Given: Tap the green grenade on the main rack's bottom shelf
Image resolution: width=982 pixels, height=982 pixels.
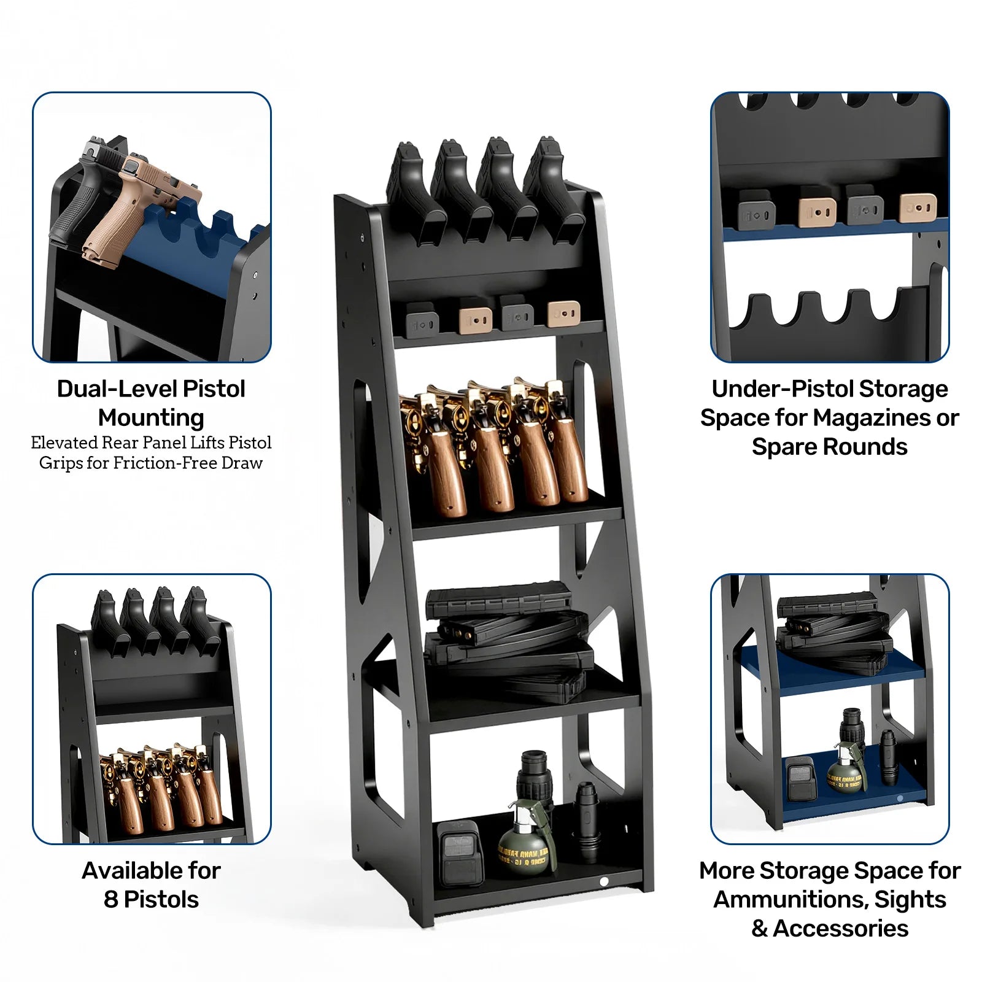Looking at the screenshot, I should point(522,844).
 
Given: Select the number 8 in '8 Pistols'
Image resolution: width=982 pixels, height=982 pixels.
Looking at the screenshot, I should point(110,899).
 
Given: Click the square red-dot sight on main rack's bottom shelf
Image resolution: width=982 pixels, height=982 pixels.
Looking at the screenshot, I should point(459,853).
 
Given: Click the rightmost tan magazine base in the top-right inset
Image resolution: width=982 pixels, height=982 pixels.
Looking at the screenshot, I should point(918,207).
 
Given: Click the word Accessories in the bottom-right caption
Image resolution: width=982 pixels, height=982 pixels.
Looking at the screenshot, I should point(840,928).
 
